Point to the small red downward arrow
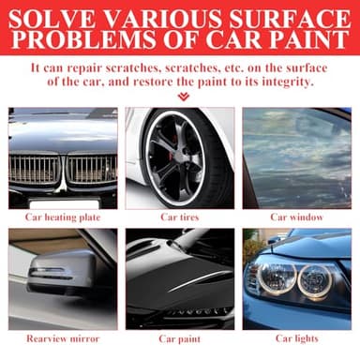pyautogui.click(x=182, y=96)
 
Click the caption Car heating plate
pyautogui.click(x=63, y=217)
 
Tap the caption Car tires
pyautogui.click(x=179, y=217)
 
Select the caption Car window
pyautogui.click(x=295, y=217)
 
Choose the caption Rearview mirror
pyautogui.click(x=63, y=338)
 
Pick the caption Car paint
pyautogui.click(x=179, y=338)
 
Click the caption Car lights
pyautogui.click(x=295, y=338)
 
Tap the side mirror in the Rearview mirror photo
pyautogui.click(x=61, y=272)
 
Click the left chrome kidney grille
pyautogui.click(x=36, y=168)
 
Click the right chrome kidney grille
pyautogui.click(x=92, y=168)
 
